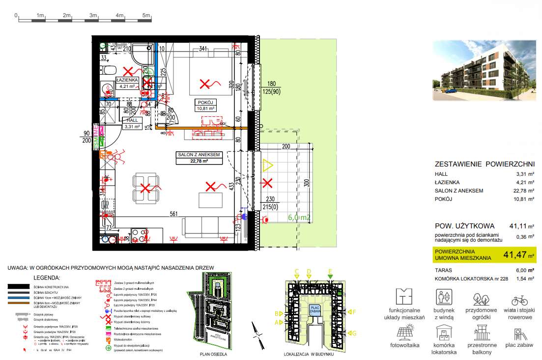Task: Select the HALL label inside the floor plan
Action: tap(132, 120)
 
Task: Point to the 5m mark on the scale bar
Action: tap(146, 16)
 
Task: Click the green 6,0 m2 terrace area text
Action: tap(300, 217)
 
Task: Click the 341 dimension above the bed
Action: tap(202, 48)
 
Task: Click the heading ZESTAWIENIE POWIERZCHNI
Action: tap(485, 165)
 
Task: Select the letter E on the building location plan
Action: tap(330, 271)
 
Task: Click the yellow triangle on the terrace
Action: tap(268, 166)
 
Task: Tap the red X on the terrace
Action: tap(267, 184)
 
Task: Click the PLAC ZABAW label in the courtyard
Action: tap(314, 310)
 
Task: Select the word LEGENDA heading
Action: tap(46, 278)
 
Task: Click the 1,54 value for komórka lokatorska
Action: tap(521, 279)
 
